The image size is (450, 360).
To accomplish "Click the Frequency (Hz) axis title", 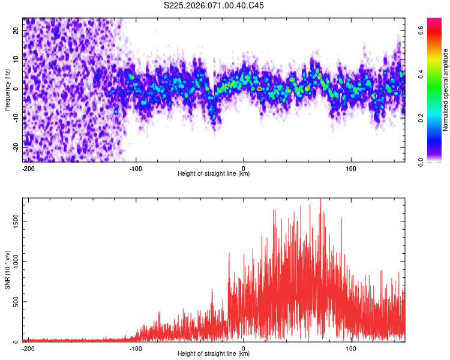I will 7,89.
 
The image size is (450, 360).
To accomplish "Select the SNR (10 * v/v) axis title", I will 7,269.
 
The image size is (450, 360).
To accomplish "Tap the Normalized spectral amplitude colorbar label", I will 446,89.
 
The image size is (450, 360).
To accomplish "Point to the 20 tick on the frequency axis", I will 16,31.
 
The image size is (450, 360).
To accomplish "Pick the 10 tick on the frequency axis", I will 16,60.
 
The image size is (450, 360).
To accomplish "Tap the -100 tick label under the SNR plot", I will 136,347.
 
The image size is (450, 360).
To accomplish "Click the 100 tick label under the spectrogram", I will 351,167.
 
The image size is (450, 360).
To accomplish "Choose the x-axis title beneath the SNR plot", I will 214,353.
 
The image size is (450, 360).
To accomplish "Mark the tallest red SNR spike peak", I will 320,199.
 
